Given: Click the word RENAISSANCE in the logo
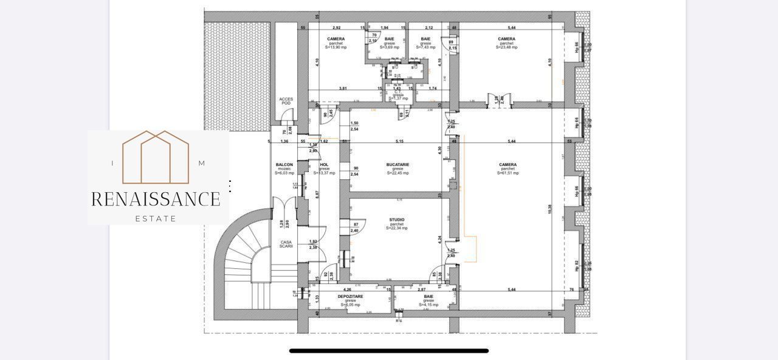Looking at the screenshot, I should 156,199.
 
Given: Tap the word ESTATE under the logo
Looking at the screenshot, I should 156,218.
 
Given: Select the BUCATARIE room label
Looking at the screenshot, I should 398,164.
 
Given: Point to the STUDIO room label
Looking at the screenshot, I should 396,220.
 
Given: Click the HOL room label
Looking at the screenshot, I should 324,164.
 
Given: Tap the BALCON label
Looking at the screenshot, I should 284,165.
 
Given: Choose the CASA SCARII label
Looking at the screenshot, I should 286,244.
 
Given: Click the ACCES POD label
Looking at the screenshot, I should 286,101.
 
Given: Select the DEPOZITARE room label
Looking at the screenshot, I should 351,297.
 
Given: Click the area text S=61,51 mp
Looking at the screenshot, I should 508,173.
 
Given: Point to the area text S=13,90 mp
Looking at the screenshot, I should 336,47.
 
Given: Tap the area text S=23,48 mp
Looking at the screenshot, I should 506,47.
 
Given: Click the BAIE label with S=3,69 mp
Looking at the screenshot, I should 389,39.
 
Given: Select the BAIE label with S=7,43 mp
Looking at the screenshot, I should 425,39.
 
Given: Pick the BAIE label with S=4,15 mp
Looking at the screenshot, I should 429,297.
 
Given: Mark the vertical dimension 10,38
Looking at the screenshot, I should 550,209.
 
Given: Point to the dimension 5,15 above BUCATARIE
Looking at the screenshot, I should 399,141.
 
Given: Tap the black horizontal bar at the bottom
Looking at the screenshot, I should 389,351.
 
